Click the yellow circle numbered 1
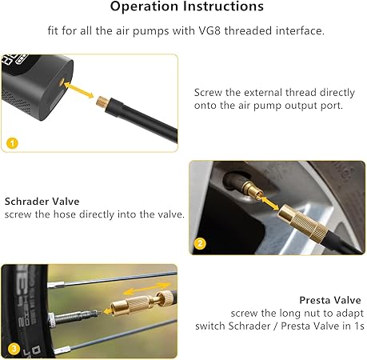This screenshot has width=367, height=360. tap(12, 143)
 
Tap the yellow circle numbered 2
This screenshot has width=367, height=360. tap(200, 243)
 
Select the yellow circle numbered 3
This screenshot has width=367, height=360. tap(14, 349)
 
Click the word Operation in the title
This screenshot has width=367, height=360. tap(144, 6)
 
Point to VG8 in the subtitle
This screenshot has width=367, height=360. tap(209, 30)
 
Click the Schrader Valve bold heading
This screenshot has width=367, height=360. tap(42, 202)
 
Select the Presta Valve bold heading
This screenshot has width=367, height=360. tap(330, 300)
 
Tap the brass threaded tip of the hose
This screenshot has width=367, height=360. tap(102, 102)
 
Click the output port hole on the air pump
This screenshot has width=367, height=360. tap(62, 82)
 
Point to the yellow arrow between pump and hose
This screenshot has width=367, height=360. tap(79, 90)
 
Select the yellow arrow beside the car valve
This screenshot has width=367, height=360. tap(269, 203)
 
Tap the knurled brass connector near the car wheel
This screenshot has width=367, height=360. tap(303, 222)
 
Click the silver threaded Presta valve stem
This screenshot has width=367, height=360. tap(74, 317)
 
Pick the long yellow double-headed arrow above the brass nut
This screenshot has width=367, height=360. tap(147, 289)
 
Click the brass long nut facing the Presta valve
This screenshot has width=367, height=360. tap(130, 306)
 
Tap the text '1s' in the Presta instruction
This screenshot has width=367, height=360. tap(359, 326)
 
